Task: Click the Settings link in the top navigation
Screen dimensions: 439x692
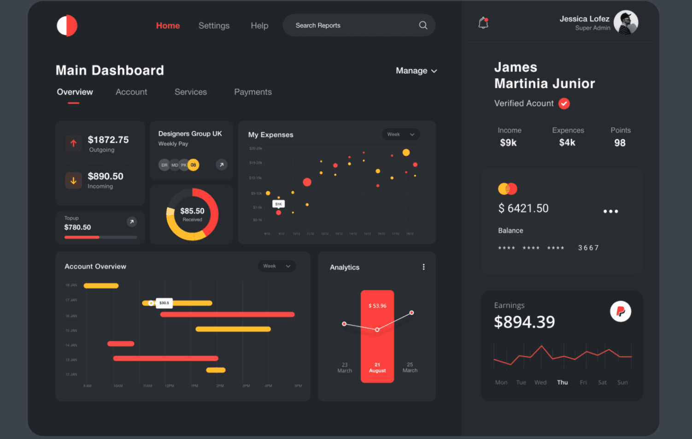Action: point(214,26)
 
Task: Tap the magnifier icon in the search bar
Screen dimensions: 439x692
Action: point(423,25)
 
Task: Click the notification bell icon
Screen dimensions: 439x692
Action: point(483,23)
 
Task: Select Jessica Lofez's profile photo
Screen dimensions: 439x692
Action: point(626,23)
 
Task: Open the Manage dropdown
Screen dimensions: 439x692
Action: point(416,71)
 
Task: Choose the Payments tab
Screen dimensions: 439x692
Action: point(253,92)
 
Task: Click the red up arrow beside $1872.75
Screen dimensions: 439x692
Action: point(73,143)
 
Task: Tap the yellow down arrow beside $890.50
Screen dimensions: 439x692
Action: point(73,181)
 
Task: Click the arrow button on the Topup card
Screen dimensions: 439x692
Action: point(132,222)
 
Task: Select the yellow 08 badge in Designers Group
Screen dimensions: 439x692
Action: point(194,165)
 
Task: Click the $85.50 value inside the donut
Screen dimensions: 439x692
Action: point(192,211)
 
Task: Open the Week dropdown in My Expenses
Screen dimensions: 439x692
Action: point(400,135)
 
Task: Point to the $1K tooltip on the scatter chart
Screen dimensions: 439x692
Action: point(278,204)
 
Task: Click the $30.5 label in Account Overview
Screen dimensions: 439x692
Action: point(164,303)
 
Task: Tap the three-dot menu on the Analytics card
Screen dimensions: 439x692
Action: point(423,267)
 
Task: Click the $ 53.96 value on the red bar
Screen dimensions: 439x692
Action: point(377,306)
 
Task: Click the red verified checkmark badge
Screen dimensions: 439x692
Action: point(564,104)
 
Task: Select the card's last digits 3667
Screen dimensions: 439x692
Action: point(588,248)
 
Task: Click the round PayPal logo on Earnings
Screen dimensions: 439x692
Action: point(621,312)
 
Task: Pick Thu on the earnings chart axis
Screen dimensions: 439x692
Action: point(562,382)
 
